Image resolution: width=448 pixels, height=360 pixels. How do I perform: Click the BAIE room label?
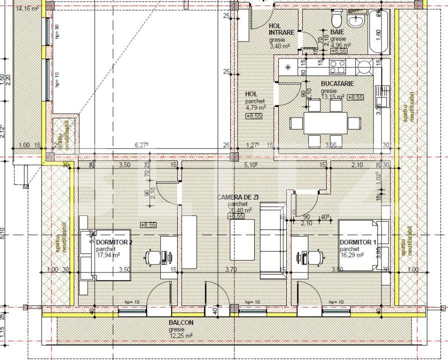click(x=337, y=32)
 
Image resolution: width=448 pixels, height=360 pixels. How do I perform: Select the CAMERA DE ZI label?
click(x=237, y=197)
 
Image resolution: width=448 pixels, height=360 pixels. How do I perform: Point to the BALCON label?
click(x=181, y=323)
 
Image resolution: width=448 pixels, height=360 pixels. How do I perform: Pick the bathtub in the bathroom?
click(x=378, y=33)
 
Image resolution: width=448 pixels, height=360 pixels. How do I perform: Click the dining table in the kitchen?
click(x=325, y=122)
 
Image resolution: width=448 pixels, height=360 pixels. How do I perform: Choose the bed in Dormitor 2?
click(x=105, y=255)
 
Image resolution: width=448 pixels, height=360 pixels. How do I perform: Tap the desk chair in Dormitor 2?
click(x=153, y=257)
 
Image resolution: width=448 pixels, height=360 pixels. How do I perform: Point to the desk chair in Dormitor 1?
click(x=314, y=257)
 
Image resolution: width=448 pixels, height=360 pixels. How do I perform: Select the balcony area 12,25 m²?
click(x=181, y=336)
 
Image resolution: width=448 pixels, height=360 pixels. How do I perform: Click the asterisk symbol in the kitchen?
click(x=288, y=67)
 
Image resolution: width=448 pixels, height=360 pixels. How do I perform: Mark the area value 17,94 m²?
click(x=108, y=254)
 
